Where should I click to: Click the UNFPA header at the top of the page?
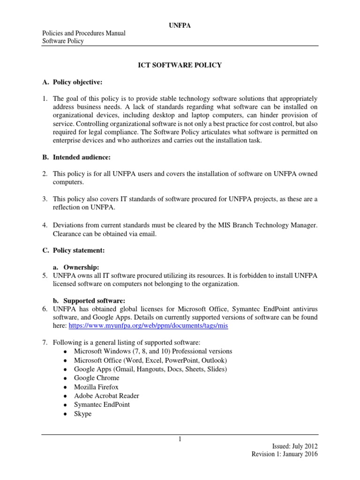180,25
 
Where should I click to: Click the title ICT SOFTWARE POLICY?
180,65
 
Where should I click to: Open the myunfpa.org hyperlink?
148,326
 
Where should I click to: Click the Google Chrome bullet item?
97,378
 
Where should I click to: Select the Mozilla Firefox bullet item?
96,387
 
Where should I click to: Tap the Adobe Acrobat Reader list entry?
106,396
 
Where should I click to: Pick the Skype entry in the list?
82,413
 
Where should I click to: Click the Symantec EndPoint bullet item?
102,405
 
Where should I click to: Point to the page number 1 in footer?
180,438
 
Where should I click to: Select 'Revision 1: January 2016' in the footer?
285,454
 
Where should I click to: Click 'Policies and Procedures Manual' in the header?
84,33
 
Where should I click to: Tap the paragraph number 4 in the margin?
45,225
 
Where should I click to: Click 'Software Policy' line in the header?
63,41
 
